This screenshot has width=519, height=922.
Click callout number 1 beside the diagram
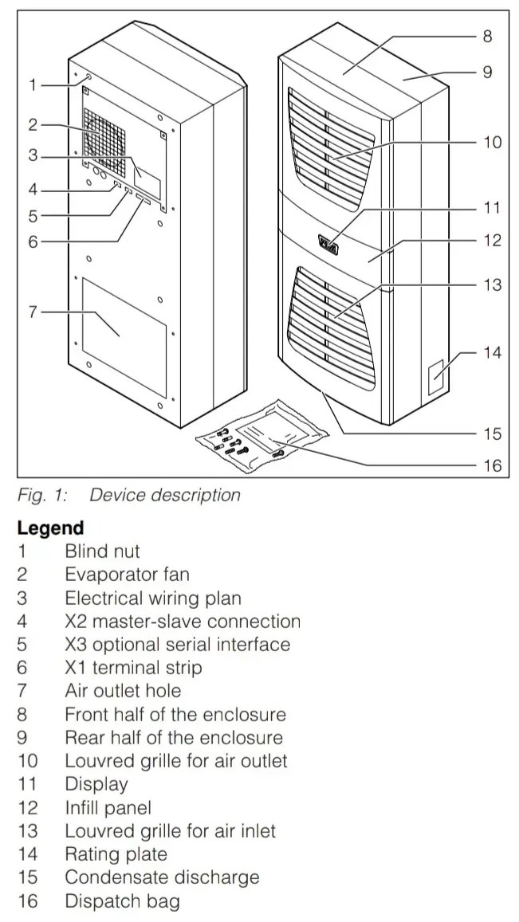pos(33,84)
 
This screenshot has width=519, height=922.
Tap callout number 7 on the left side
pos(33,312)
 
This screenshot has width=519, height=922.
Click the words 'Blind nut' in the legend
pos(102,551)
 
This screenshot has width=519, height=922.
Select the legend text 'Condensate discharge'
pos(162,877)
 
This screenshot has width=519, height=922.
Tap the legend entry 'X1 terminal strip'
pos(133,668)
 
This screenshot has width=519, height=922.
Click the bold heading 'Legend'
pos(50,528)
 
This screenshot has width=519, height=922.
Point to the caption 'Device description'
pos(164,495)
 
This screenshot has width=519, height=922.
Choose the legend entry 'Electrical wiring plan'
pos(152,598)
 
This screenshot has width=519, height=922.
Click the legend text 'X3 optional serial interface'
pos(177,644)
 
